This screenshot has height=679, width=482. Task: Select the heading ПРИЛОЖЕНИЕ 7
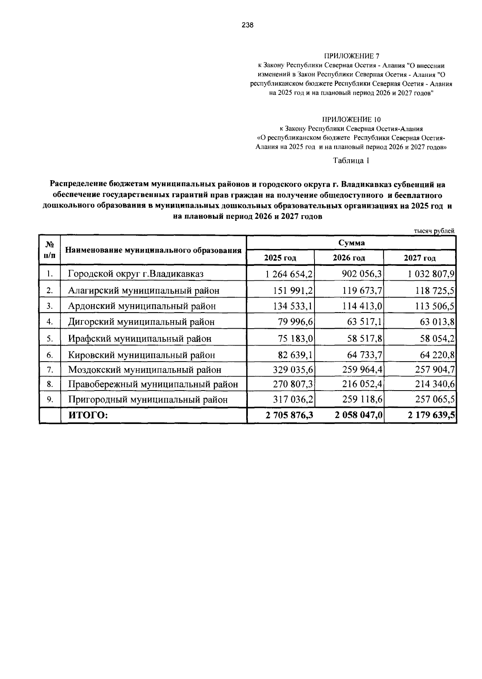click(351, 56)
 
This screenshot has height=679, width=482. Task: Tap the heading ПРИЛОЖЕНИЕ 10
click(351, 119)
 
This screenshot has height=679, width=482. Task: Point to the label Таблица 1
click(351, 160)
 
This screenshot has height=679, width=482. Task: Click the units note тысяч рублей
click(434, 231)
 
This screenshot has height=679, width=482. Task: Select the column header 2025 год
click(280, 258)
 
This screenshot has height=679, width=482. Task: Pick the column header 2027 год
click(419, 258)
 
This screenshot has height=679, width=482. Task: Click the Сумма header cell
click(351, 243)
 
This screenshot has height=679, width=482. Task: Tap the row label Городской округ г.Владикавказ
click(136, 274)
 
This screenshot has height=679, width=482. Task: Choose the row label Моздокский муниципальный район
click(145, 369)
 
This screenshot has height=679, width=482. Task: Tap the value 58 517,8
click(365, 339)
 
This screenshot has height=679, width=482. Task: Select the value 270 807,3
click(293, 384)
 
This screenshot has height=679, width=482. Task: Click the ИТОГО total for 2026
click(358, 415)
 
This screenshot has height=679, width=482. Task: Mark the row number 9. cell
click(50, 399)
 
